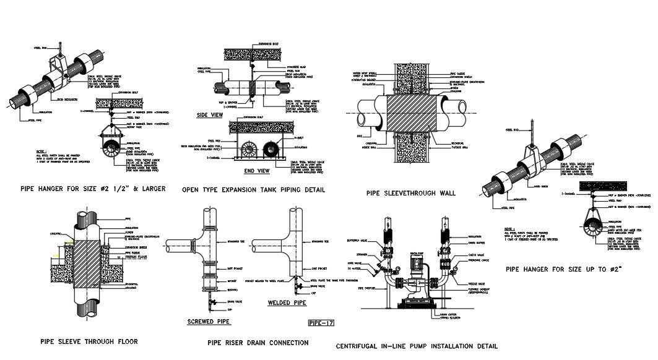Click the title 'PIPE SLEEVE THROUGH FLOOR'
click(x=89, y=341)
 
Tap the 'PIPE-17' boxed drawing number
click(x=321, y=323)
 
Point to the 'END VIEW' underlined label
click(x=257, y=170)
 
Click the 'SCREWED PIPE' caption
click(x=209, y=322)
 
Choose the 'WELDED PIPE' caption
click(x=287, y=304)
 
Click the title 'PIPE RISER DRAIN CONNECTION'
click(x=258, y=342)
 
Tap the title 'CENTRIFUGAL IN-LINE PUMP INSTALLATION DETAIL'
click(x=416, y=346)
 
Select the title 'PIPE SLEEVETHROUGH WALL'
click(x=410, y=193)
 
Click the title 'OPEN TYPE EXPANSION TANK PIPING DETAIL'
click(x=253, y=189)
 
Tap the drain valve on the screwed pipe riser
click(x=212, y=301)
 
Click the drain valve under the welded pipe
click(x=297, y=287)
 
